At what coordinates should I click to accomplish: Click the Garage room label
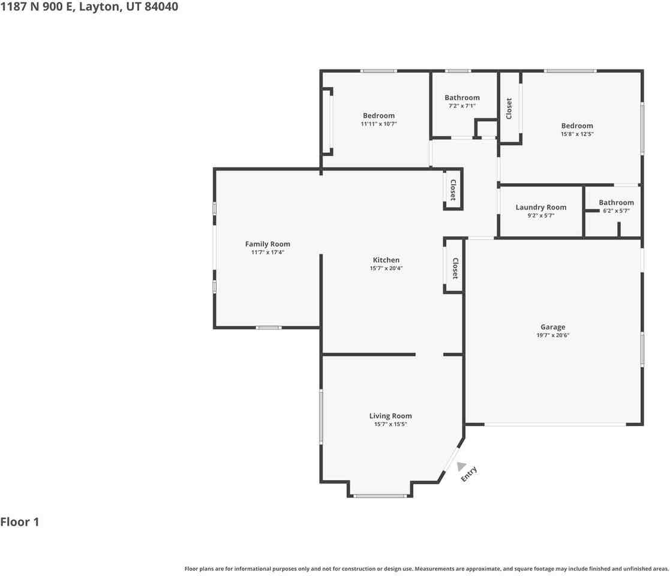552,327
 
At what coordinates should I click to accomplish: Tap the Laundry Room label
541,207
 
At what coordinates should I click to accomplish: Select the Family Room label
268,244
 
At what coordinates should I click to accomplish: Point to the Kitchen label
386,260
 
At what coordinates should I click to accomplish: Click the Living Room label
390,416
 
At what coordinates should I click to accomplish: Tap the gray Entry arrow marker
461,466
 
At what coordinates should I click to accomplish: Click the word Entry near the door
468,473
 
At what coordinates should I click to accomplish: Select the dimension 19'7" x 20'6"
553,335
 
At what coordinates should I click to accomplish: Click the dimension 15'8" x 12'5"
577,134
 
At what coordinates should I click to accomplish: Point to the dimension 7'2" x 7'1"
462,106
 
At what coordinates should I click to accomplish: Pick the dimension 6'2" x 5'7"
616,211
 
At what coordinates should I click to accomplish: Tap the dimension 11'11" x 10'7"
379,124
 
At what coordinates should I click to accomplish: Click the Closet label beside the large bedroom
509,109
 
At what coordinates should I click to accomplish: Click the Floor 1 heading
20,522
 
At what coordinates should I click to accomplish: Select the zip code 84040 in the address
161,7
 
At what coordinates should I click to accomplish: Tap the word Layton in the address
99,7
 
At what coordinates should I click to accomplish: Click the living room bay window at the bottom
380,496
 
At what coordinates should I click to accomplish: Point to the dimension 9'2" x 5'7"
541,216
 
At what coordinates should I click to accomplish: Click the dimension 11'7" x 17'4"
268,253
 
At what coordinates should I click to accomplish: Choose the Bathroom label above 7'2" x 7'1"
462,98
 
